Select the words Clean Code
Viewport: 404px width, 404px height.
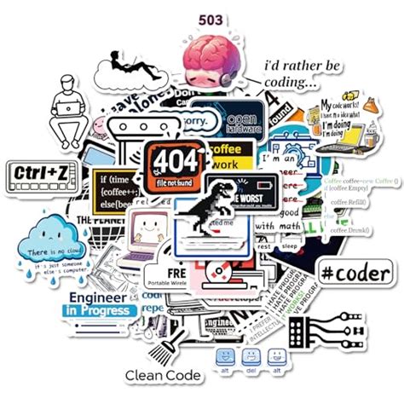pos(163,375)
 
